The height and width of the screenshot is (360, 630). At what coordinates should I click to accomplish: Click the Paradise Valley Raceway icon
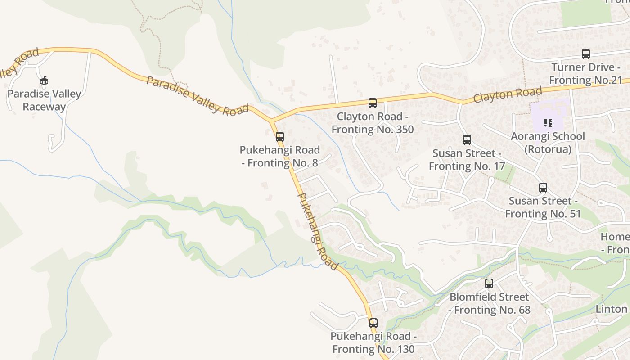tap(44, 81)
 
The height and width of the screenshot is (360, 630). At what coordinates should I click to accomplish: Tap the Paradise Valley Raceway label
tap(44, 100)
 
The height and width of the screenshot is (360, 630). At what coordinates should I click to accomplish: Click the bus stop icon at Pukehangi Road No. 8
tap(280, 137)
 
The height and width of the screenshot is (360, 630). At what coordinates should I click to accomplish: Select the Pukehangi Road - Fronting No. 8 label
tap(279, 156)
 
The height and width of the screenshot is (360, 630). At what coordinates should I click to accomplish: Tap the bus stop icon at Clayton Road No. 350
tap(373, 103)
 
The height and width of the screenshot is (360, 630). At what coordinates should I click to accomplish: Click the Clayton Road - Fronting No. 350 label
tap(373, 123)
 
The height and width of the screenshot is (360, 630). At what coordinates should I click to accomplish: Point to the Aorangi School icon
tap(548, 122)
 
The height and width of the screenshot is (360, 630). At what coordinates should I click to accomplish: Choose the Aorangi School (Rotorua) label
tap(548, 142)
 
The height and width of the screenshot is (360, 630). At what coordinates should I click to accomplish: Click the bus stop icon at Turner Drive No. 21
tap(586, 54)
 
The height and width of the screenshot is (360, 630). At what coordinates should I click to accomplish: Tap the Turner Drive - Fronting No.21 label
tap(586, 74)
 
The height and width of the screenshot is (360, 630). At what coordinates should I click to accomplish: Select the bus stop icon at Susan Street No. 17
tap(467, 140)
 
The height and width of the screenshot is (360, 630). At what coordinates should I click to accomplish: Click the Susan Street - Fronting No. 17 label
tap(467, 160)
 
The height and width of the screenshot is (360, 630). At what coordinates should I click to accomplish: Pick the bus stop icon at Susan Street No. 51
tap(543, 188)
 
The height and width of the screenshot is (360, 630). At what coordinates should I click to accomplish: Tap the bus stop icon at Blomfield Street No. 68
tap(489, 283)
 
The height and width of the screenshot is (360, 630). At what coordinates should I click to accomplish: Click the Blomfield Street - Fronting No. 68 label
tap(490, 303)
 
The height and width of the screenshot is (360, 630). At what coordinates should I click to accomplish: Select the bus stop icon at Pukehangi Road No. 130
tap(373, 323)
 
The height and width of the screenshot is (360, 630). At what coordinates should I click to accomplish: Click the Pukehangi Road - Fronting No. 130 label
tap(373, 342)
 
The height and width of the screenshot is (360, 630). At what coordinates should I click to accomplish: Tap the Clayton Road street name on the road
tap(508, 94)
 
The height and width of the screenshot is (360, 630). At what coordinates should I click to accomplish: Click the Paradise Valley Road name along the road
tap(197, 96)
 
